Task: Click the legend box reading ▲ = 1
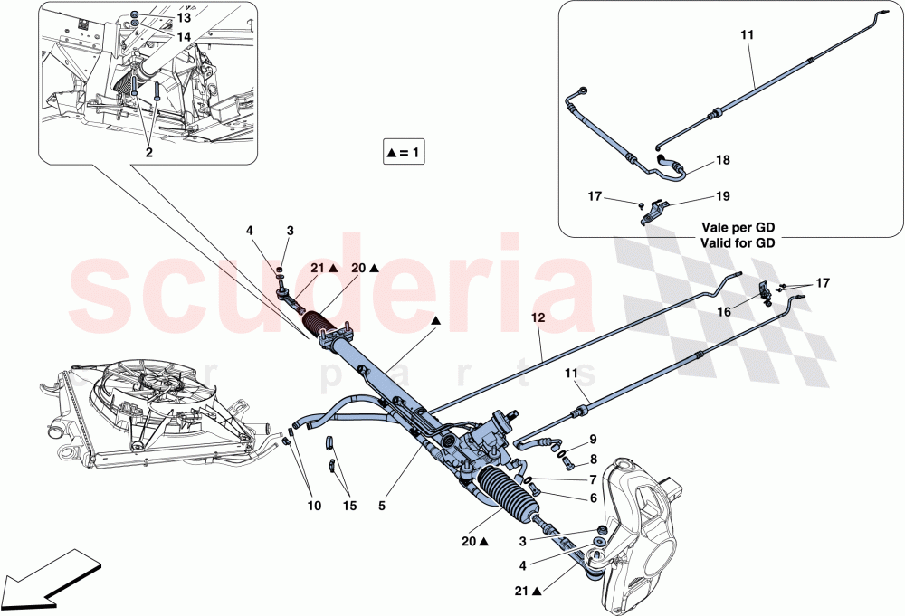click(405, 153)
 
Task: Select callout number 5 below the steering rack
click(382, 507)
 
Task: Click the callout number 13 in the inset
click(184, 18)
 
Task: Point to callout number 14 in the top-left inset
click(184, 37)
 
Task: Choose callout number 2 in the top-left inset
click(148, 154)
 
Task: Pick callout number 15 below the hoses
click(349, 507)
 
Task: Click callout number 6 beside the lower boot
click(593, 498)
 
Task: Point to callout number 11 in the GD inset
click(747, 34)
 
